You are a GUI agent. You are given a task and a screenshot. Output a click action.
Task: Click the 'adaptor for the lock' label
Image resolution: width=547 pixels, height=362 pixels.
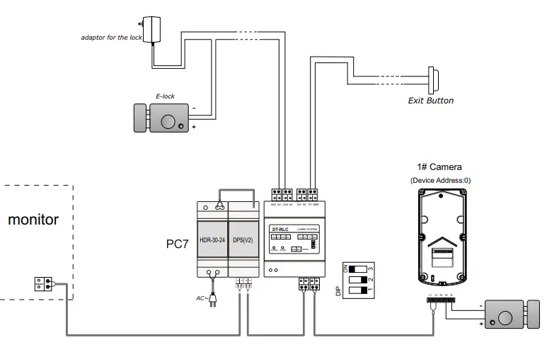pyautogui.click(x=111, y=37)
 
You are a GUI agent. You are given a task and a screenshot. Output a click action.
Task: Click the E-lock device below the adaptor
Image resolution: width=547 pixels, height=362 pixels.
pyautogui.click(x=162, y=118)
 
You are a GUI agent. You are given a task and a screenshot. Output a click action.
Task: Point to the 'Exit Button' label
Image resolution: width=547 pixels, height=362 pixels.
pyautogui.click(x=430, y=101)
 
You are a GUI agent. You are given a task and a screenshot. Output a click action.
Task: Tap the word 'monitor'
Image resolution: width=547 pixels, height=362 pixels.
pyautogui.click(x=33, y=220)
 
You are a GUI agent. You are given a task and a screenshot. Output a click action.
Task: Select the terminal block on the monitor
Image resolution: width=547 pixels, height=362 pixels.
pyautogui.click(x=42, y=283)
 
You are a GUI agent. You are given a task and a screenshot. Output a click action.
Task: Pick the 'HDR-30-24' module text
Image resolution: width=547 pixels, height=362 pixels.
pyautogui.click(x=212, y=239)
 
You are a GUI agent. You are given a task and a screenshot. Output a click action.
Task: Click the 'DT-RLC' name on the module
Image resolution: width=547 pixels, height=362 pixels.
pyautogui.click(x=282, y=228)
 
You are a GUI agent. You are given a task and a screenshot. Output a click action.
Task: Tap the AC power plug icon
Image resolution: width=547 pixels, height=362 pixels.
pyautogui.click(x=211, y=302)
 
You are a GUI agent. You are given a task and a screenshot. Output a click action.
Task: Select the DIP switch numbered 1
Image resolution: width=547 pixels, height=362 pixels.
pyautogui.click(x=358, y=290)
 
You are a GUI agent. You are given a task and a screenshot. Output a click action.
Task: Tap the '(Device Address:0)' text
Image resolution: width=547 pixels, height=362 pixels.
pyautogui.click(x=439, y=180)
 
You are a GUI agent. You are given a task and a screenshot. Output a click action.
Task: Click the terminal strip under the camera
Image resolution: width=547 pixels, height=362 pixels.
pyautogui.click(x=440, y=300)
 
